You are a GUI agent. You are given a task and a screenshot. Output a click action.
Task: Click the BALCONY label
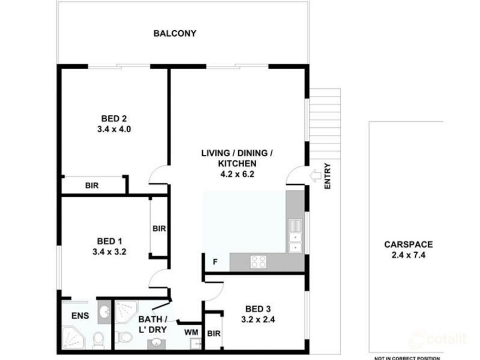175,34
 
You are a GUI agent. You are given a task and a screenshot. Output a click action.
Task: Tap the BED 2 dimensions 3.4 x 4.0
114,129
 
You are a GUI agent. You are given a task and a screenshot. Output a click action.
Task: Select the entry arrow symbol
316,176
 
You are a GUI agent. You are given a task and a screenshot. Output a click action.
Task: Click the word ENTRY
328,176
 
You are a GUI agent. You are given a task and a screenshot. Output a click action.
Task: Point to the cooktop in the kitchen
259,262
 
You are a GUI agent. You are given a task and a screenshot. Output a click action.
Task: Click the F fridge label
215,262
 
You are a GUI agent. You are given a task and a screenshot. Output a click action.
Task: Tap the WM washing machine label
191,332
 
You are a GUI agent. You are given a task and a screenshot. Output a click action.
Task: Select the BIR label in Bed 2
92,185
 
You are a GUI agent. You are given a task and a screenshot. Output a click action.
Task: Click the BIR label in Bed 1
159,229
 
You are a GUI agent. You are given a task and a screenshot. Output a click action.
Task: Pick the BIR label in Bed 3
214,334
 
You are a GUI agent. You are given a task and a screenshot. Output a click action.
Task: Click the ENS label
80,316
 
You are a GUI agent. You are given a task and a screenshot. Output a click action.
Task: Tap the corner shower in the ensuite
73,338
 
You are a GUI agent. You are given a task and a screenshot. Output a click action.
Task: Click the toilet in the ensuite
98,340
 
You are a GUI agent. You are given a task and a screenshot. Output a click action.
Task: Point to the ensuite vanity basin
104,312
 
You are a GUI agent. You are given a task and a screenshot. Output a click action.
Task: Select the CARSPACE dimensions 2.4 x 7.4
409,255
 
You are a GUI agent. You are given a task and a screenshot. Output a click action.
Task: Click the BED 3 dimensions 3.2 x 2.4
258,320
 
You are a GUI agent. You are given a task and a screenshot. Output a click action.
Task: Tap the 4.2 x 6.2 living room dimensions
237,174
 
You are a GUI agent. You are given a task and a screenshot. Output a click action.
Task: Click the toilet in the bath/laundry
124,337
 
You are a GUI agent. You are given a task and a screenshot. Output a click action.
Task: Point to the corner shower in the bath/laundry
127,311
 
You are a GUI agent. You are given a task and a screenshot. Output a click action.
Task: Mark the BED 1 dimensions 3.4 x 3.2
109,252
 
